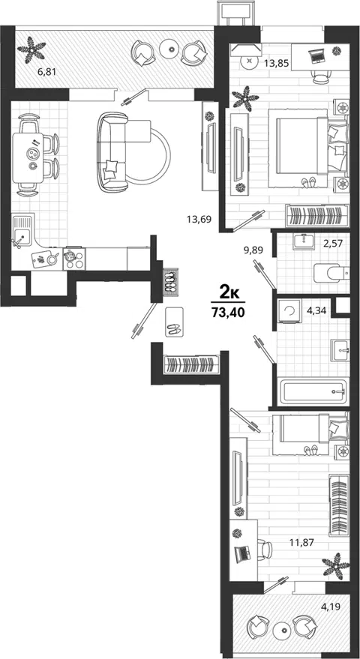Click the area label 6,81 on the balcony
coord(46,72)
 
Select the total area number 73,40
coord(227,313)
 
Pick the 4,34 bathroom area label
coord(313,311)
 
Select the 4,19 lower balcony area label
coord(330,607)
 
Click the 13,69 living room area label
coord(199,219)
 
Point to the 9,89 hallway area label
coord(253,250)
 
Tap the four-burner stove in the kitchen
coord(74,259)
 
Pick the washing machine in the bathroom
coord(289,310)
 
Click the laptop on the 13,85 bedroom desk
coord(316,55)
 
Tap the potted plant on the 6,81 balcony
coord(31,50)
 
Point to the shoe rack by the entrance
coord(170,280)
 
